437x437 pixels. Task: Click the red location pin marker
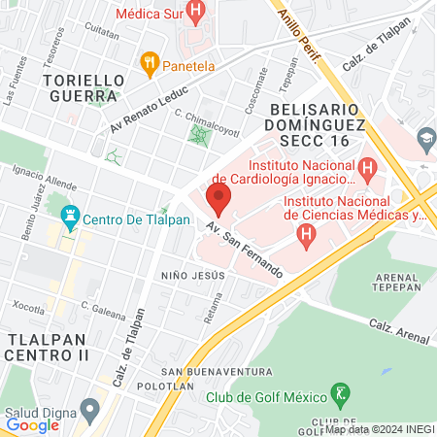tap(218, 199)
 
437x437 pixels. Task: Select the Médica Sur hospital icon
tap(197, 14)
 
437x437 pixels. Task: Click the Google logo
tap(32, 424)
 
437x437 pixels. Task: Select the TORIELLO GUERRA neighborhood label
tap(83, 87)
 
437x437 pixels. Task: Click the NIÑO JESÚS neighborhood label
tap(193, 275)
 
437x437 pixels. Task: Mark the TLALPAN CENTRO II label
tap(48, 346)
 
